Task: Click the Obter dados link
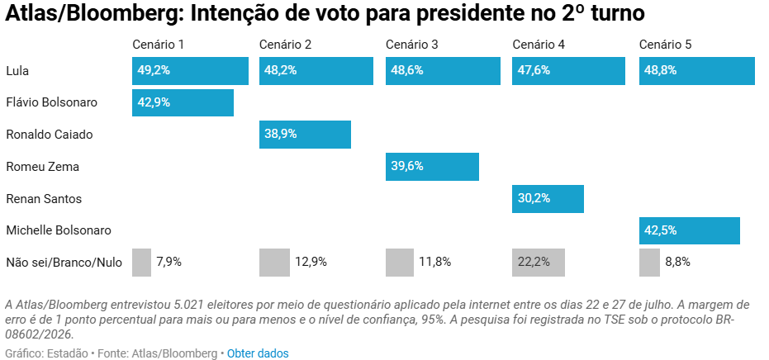coord(258,353)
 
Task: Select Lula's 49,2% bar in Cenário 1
coord(190,71)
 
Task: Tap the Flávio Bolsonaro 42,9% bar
coord(183,102)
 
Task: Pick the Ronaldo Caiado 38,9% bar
coord(305,135)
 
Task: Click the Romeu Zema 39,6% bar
coord(432,167)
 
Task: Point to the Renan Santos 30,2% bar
coord(548,199)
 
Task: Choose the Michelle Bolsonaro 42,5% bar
coord(690,230)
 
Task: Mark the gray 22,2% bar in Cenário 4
coord(539,263)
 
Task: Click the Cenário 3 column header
coord(412,45)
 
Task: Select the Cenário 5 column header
coord(666,45)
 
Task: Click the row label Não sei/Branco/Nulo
coord(64,263)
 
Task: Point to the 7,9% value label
coord(169,262)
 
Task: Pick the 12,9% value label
coord(311,262)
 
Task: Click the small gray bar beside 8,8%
coord(649,263)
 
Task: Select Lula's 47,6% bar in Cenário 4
coord(569,71)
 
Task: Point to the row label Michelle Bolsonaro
coord(59,230)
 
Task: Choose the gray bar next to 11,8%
coord(400,263)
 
